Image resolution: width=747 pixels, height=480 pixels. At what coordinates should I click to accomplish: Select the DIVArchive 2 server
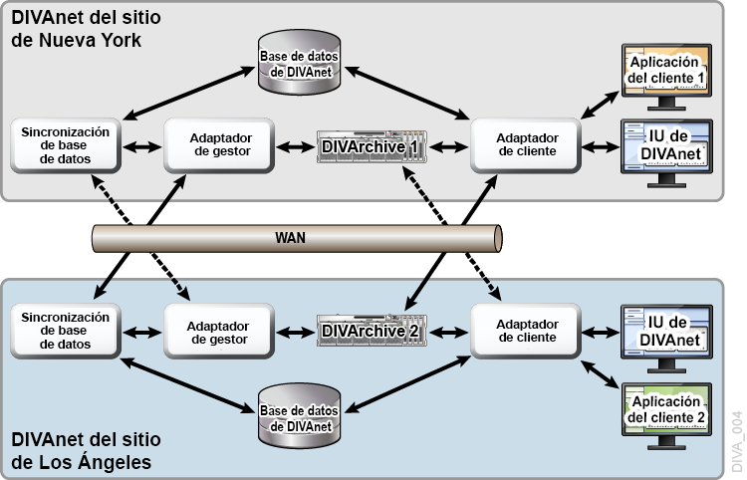pos(370,331)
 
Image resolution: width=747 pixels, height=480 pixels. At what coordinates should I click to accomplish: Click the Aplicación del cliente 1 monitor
pos(666,73)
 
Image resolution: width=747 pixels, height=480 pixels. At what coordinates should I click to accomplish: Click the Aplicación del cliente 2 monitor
pos(666,408)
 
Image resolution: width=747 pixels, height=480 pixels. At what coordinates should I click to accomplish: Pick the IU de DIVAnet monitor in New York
pos(666,146)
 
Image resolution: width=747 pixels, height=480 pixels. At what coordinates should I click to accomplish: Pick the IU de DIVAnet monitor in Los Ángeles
pos(666,331)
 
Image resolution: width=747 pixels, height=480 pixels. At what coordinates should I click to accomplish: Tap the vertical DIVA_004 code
pos(737,443)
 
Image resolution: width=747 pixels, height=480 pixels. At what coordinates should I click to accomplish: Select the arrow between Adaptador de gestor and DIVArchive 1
pos(291,147)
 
